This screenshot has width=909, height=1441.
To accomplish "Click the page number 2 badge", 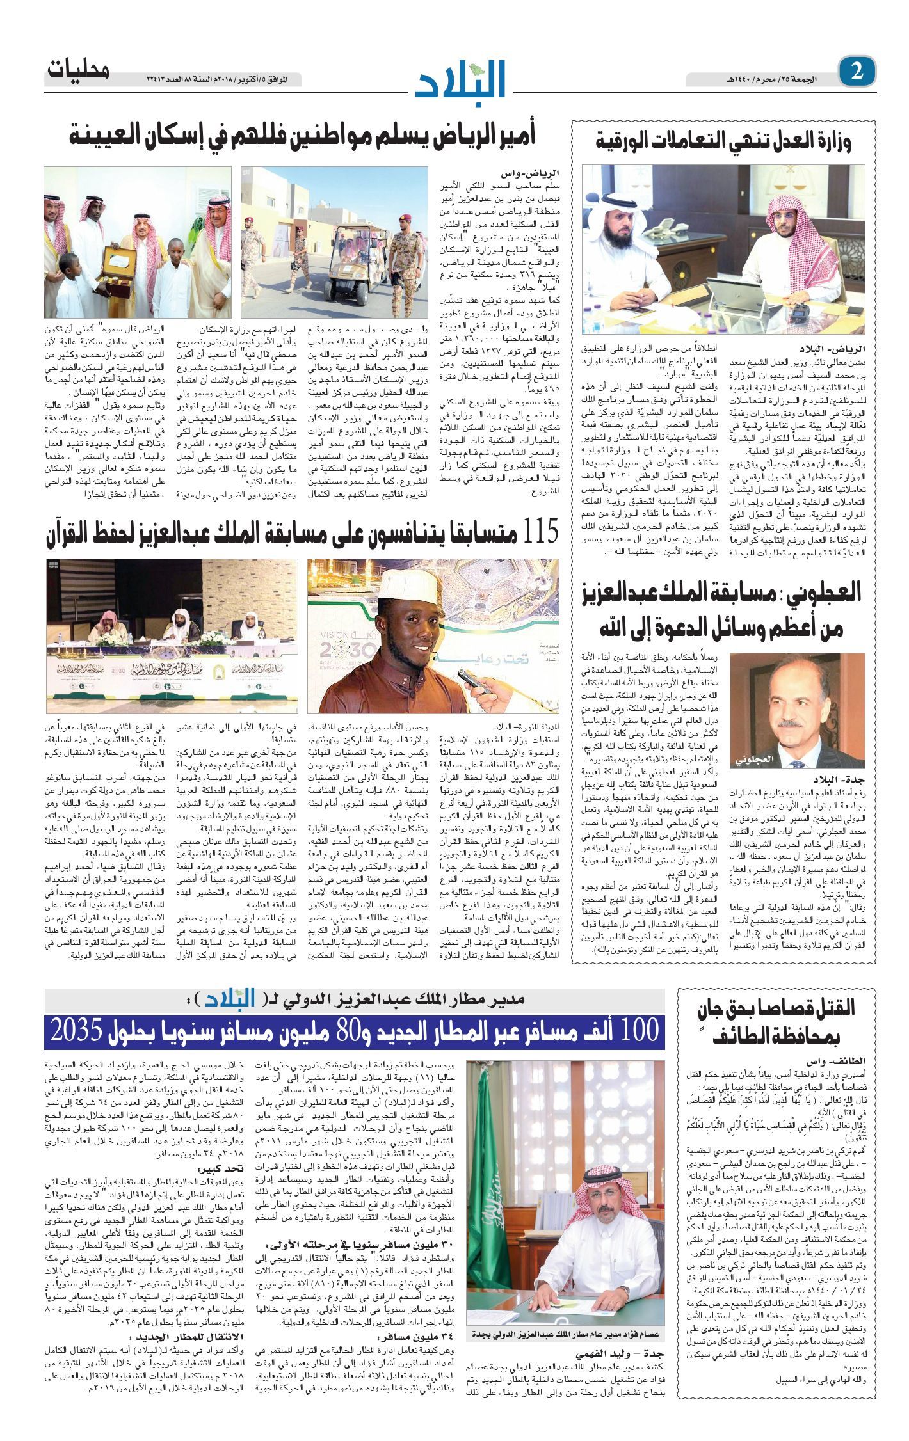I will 857,72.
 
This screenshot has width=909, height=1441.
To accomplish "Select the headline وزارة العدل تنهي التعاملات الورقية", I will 723,140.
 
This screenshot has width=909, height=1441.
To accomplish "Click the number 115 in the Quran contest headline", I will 540,530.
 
